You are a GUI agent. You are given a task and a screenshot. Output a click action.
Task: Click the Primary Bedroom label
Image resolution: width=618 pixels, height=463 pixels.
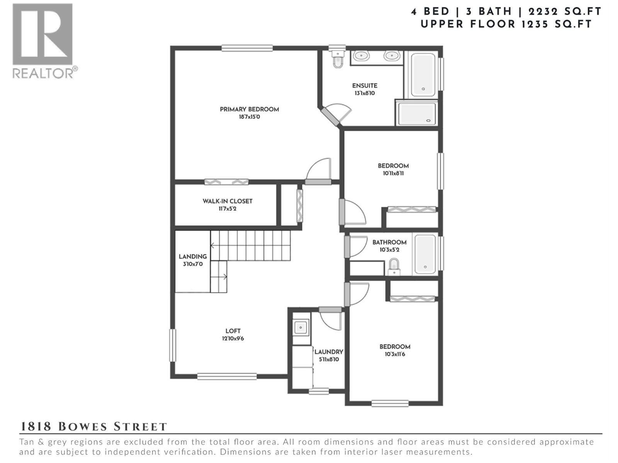click(249, 110)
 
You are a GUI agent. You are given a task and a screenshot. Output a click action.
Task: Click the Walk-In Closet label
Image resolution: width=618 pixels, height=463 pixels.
click(227, 201)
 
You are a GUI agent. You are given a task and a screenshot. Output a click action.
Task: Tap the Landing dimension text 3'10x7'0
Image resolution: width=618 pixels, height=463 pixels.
click(193, 264)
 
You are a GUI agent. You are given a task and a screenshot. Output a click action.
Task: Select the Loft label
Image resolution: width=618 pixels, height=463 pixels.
click(233, 331)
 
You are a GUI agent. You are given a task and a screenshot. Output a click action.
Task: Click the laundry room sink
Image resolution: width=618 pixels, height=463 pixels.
click(301, 328)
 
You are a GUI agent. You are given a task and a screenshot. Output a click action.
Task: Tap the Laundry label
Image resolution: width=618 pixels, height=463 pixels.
click(328, 352)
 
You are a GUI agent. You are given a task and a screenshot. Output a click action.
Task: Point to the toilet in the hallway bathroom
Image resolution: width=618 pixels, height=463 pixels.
click(394, 266)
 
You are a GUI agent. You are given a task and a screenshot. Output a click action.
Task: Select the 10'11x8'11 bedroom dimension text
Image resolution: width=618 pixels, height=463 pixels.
click(393, 174)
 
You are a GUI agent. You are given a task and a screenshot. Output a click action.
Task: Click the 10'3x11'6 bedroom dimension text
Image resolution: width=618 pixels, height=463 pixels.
click(395, 354)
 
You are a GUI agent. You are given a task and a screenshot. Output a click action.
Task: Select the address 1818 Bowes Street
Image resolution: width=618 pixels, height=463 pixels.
click(93, 427)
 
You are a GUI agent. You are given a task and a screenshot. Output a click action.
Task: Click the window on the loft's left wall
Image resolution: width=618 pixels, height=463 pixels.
click(173, 345)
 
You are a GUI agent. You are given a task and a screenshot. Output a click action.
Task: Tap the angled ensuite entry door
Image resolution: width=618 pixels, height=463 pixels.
click(331, 117)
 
